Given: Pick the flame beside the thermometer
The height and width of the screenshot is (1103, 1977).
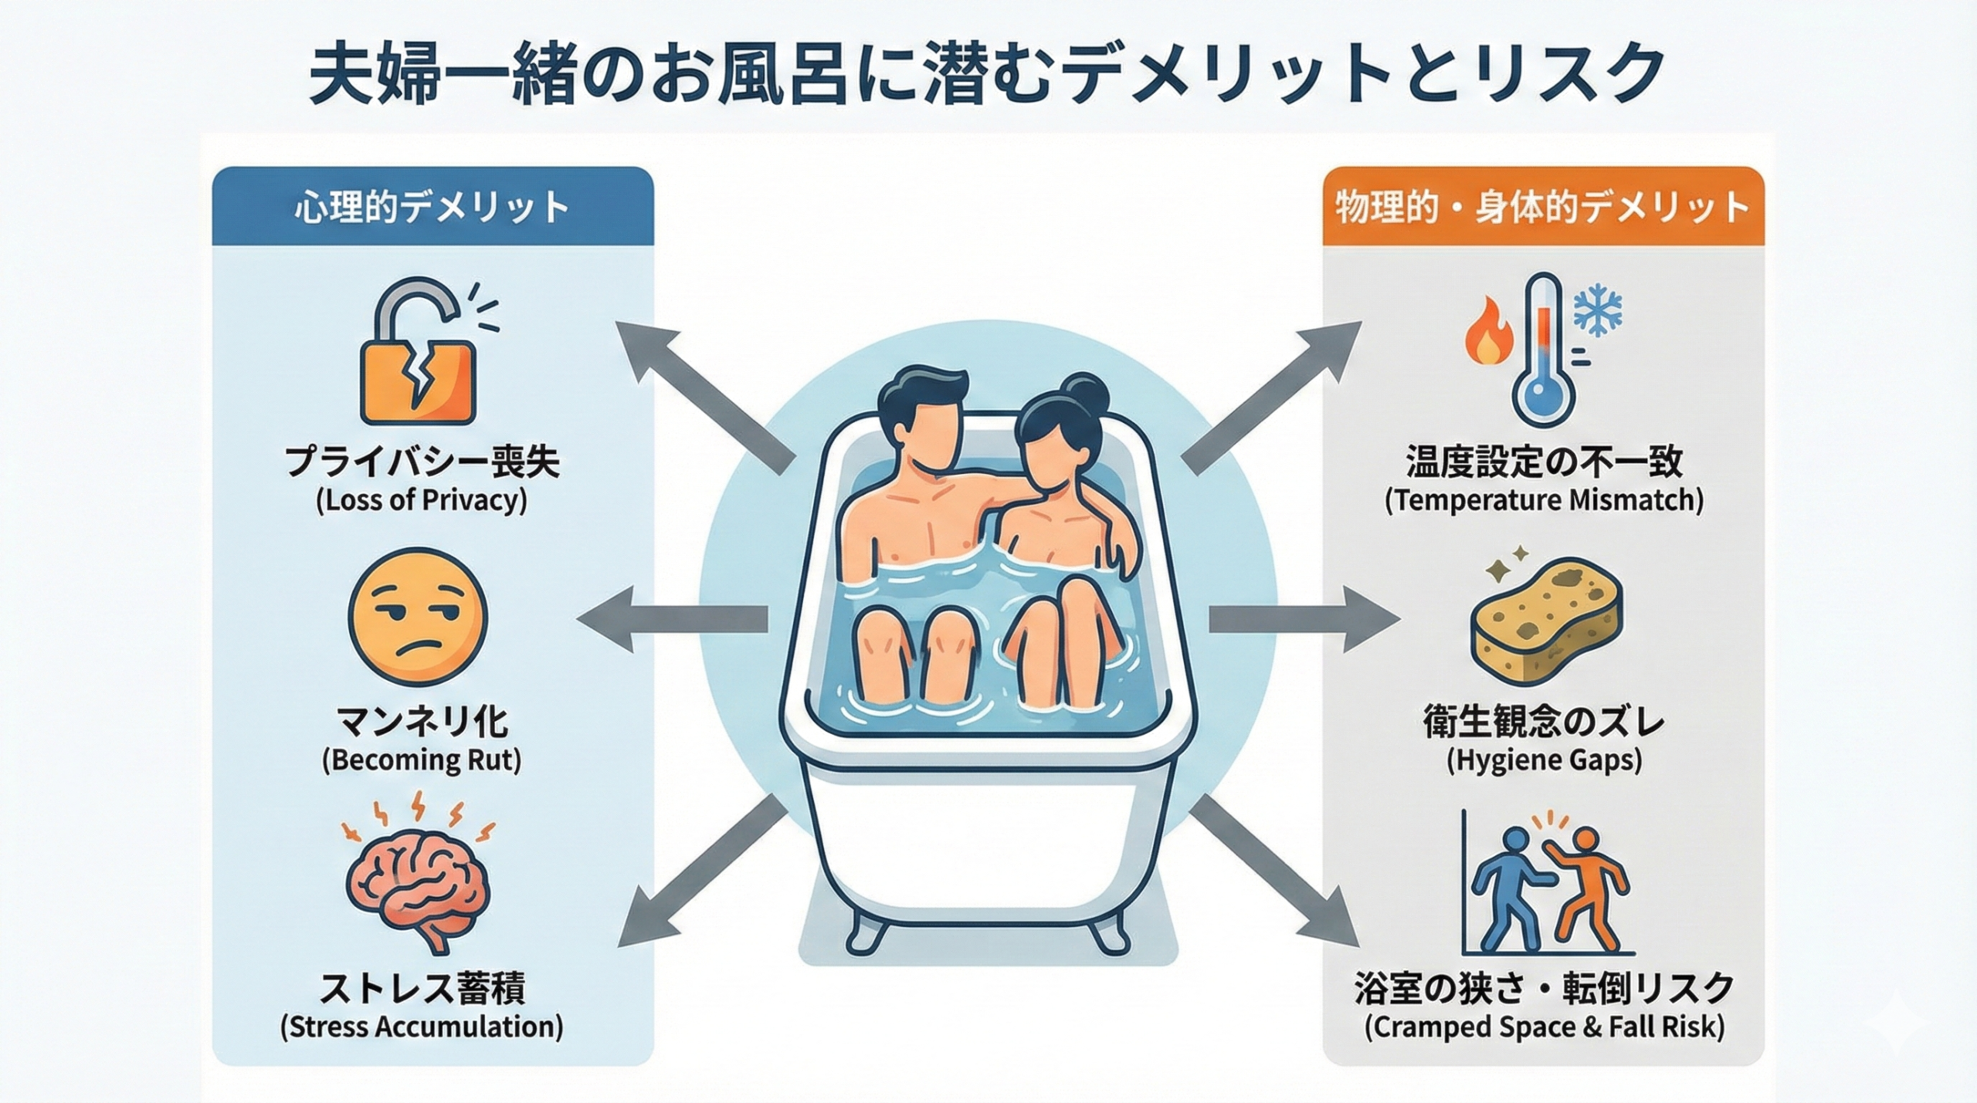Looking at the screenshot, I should coord(1489,333).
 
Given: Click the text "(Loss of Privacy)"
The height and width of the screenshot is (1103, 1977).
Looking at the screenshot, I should coord(422,501).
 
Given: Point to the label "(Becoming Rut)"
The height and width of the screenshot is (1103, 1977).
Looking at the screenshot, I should coord(422,760).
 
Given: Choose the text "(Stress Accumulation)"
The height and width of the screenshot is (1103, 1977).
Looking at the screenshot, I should coord(422,1027).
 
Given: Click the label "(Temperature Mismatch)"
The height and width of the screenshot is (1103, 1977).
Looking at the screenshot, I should coord(1544,501).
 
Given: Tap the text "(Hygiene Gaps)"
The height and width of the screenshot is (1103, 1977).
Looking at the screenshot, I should coord(1544,760).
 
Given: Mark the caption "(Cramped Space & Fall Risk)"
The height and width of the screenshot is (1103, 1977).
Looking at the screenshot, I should coord(1544,1027).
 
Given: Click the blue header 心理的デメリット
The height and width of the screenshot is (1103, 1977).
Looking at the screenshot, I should coord(432,208).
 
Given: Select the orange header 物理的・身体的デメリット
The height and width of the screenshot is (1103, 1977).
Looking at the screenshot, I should coord(1543,208).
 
